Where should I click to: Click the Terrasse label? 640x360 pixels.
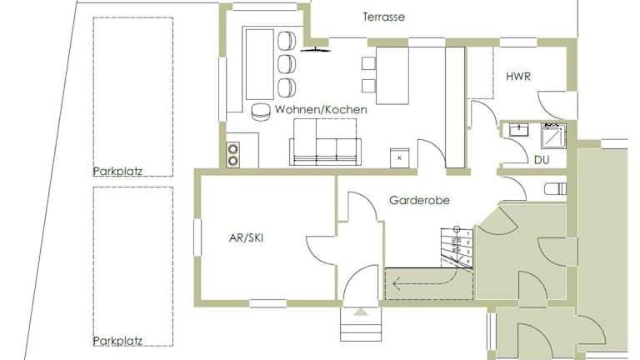(x=383, y=17)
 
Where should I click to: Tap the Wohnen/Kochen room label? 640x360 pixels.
(x=321, y=109)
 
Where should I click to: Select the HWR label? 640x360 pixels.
(x=518, y=77)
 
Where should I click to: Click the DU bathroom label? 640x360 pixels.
(x=542, y=160)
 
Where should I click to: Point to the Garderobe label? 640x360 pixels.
(x=420, y=200)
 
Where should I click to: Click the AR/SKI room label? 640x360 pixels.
(x=246, y=237)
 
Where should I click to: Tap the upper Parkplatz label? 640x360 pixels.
(x=117, y=171)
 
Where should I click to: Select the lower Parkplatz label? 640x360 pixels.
(x=117, y=341)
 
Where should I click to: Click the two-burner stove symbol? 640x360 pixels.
(x=233, y=154)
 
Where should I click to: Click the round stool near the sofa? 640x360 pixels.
(x=260, y=112)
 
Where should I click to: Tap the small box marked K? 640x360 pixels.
(x=400, y=157)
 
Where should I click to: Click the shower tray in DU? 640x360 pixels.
(x=554, y=136)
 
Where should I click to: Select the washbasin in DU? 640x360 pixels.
(x=519, y=130)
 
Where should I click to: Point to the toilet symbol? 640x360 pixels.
(x=556, y=189)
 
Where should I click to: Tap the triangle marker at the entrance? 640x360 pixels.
(x=360, y=312)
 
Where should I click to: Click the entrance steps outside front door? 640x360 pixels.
(x=361, y=323)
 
